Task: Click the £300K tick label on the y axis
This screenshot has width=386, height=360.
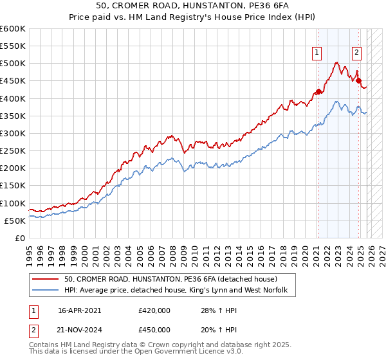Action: pyautogui.click(x=13, y=133)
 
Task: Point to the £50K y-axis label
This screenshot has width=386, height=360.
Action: pyautogui.click(x=15, y=221)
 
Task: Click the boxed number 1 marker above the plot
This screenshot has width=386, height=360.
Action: pyautogui.click(x=318, y=53)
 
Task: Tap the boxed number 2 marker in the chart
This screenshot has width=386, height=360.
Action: pyautogui.click(x=356, y=53)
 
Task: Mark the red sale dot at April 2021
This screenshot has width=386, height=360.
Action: pyautogui.click(x=318, y=91)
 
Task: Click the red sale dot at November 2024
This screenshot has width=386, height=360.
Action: pyautogui.click(x=359, y=80)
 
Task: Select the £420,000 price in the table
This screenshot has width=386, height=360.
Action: pyautogui.click(x=154, y=310)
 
